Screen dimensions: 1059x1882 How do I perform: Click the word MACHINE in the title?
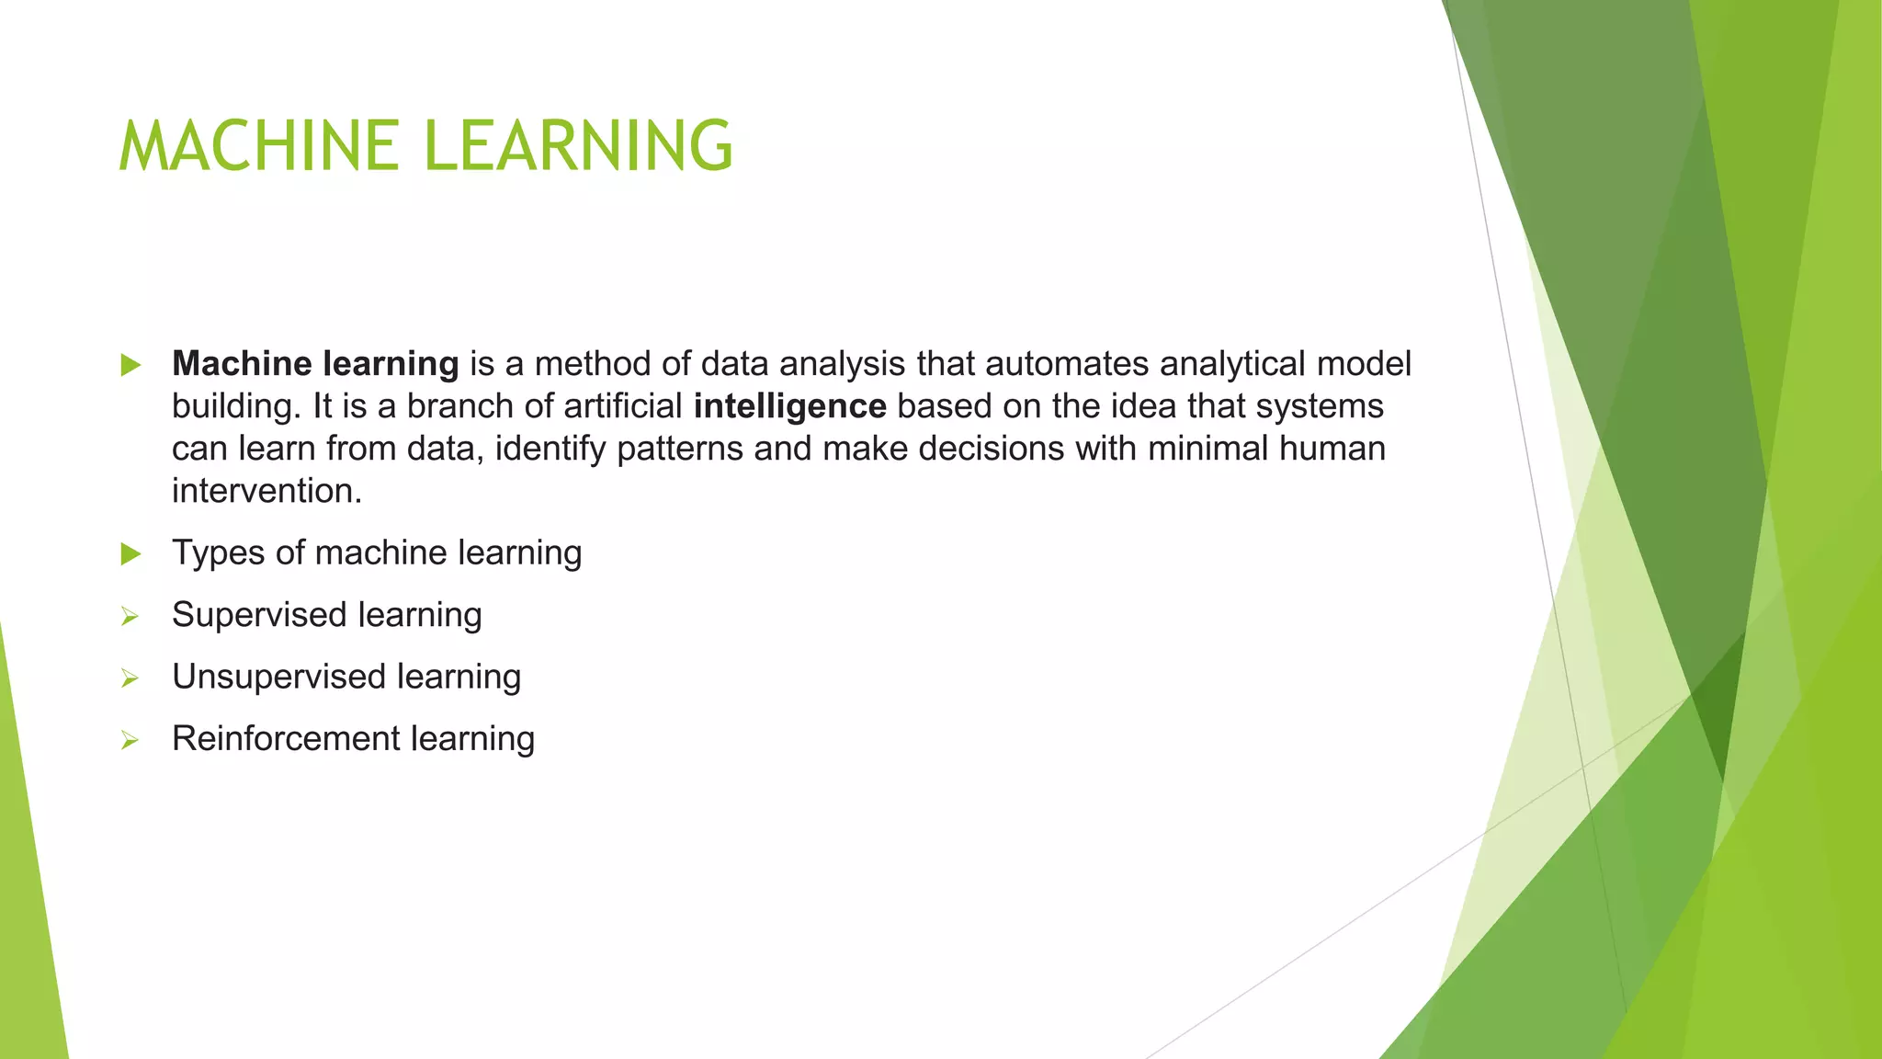coord(258,146)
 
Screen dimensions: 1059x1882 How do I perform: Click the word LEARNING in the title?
coord(579,146)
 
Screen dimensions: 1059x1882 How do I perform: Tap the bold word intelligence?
coord(789,406)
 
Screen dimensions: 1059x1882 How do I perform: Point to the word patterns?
coord(680,449)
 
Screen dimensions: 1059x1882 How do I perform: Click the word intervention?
coord(266,491)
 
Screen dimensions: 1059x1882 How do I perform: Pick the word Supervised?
coord(259,615)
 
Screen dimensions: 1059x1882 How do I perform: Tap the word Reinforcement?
coord(286,738)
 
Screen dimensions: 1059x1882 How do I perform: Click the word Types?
coord(218,553)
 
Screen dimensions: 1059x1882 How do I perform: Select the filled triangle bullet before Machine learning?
coord(130,365)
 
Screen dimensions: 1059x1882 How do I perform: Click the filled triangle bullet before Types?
coord(130,553)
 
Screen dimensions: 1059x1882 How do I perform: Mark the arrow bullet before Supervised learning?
coord(130,617)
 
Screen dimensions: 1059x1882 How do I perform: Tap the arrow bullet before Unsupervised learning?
coord(130,678)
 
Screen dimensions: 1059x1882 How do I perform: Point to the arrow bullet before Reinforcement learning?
coord(130,740)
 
